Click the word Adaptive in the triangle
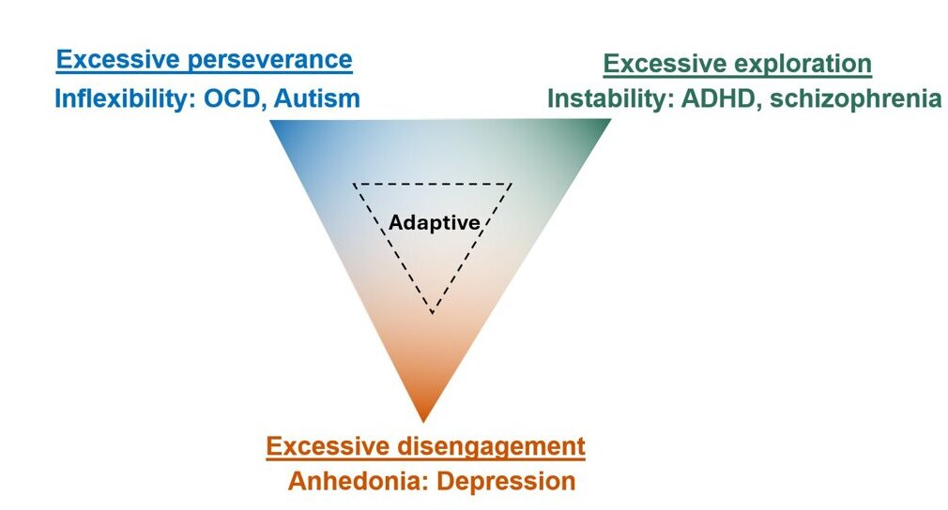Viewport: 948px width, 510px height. pyautogui.click(x=434, y=223)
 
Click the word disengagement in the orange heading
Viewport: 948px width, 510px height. pyautogui.click(x=491, y=446)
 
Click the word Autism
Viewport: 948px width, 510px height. pyautogui.click(x=317, y=98)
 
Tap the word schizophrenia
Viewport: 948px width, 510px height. pyautogui.click(x=855, y=99)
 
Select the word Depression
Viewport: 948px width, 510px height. pyautogui.click(x=506, y=481)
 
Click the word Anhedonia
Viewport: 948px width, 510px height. pyautogui.click(x=358, y=481)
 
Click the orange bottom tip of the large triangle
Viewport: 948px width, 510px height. pyautogui.click(x=424, y=422)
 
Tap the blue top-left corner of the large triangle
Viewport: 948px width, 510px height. pyautogui.click(x=269, y=120)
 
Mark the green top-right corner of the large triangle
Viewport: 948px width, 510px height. pyautogui.click(x=611, y=119)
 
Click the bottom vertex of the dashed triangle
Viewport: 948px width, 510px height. pyautogui.click(x=433, y=313)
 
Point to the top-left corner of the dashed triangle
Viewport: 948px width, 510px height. pyautogui.click(x=354, y=184)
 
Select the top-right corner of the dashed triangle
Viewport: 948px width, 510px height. pyautogui.click(x=512, y=184)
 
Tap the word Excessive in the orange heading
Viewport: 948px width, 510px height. pyautogui.click(x=328, y=446)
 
